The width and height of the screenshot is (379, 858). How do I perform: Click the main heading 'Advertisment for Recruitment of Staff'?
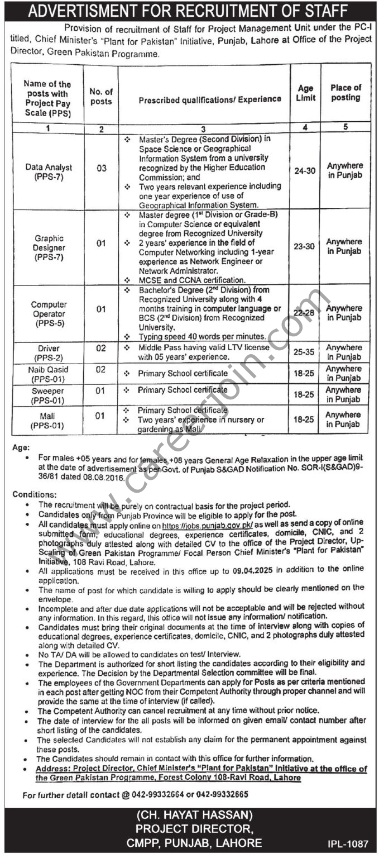[189, 10]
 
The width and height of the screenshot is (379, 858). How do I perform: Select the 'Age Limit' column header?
[305, 93]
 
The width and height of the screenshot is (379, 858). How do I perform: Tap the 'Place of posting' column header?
[346, 93]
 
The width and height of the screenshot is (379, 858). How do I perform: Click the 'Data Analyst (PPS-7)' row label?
[48, 171]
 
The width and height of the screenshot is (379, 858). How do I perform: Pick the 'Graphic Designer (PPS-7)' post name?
[48, 247]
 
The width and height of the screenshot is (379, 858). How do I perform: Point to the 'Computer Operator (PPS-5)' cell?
[48, 313]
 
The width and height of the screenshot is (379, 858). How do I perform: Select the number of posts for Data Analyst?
[101, 168]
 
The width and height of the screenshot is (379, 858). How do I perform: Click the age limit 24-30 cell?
[305, 171]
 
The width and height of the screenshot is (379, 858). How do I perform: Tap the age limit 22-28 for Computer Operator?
[305, 313]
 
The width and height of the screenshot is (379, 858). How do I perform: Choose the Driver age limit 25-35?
[305, 352]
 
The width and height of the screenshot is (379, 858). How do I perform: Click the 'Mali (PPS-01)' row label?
[48, 420]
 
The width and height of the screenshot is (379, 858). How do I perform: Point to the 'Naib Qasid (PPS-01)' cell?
[48, 373]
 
